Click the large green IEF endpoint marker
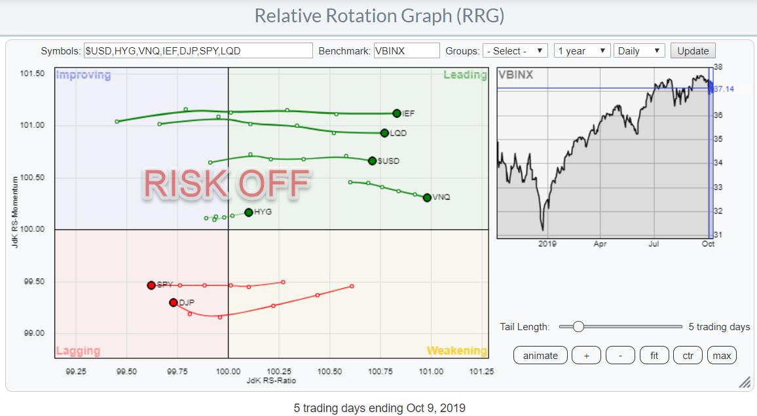(x=397, y=113)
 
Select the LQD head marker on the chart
(x=384, y=133)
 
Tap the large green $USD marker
(x=372, y=161)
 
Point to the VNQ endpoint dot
(x=427, y=197)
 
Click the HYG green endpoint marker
(x=249, y=212)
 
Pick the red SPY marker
(x=151, y=285)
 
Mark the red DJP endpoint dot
(x=173, y=303)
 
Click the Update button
(x=693, y=51)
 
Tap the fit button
(x=654, y=356)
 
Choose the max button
(x=722, y=356)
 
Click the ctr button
(x=688, y=356)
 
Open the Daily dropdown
(x=640, y=51)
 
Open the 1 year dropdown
(x=582, y=51)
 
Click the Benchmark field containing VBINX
(x=406, y=51)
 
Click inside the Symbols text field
(x=197, y=51)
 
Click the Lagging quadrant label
(x=78, y=351)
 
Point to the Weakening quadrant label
(x=456, y=351)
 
